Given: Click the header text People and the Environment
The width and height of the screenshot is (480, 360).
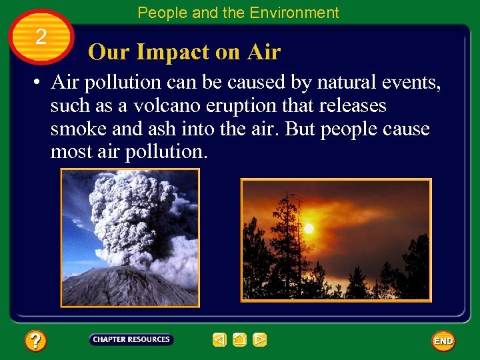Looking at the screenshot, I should point(238,13).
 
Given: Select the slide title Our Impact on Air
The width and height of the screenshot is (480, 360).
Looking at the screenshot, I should point(184,52).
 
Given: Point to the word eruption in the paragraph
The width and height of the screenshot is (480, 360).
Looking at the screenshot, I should point(241,106).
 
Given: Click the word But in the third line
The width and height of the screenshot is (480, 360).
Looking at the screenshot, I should point(303,129).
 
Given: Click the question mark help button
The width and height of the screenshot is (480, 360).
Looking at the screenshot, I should point(35,341).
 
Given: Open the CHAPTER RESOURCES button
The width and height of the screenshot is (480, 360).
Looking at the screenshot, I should point(131,340).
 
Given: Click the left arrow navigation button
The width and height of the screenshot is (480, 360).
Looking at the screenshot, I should point(219,340).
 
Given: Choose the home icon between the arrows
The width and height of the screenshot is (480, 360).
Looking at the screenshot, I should point(239,340).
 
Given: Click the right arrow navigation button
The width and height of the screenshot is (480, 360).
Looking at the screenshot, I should point(260,340).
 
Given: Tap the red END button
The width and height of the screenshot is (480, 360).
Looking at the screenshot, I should point(443,341).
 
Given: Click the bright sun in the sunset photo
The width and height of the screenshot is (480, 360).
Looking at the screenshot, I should point(309,229).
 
